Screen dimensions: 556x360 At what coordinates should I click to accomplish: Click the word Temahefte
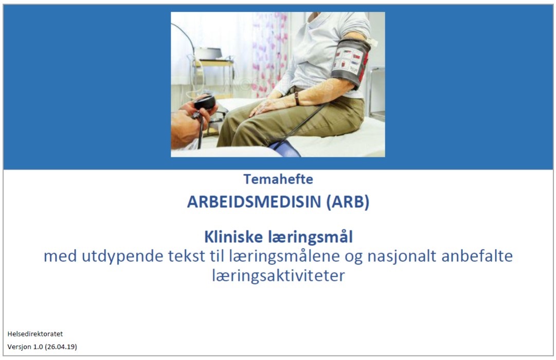pyautogui.click(x=278, y=179)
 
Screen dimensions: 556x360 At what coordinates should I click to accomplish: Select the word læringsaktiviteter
pyautogui.click(x=278, y=276)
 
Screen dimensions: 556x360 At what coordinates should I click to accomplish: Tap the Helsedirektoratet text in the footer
pyautogui.click(x=35, y=334)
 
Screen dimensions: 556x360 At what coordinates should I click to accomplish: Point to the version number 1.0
pyautogui.click(x=38, y=347)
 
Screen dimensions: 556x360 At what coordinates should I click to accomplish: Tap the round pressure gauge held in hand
pyautogui.click(x=205, y=102)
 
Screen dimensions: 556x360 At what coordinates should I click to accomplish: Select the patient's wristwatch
pyautogui.click(x=297, y=98)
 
